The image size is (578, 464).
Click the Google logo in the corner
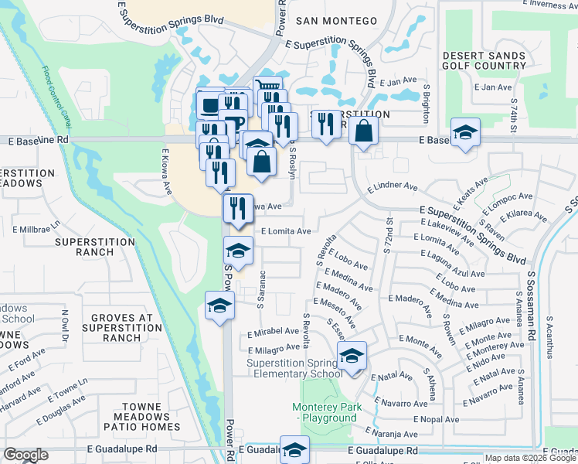click(25, 455)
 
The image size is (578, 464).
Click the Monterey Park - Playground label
click(325, 412)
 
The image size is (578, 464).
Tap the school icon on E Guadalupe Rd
click(294, 449)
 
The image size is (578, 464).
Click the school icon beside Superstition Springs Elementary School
click(352, 357)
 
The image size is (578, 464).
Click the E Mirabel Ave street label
click(273, 330)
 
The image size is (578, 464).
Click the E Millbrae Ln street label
click(36, 230)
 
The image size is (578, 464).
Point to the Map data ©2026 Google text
click(529, 458)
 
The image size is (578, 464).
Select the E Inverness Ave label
click(555, 5)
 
